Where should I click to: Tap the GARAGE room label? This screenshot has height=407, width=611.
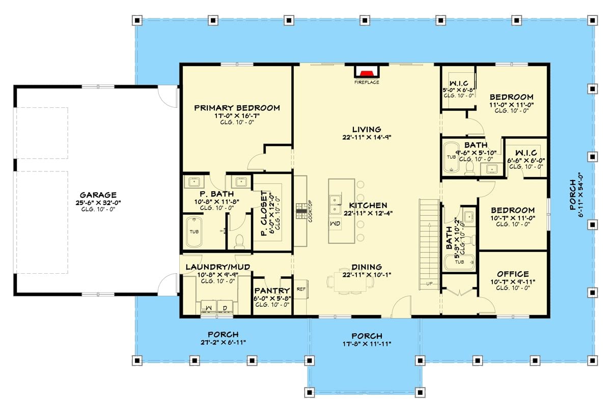[98, 195]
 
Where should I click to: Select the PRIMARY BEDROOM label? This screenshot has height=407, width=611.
[237, 108]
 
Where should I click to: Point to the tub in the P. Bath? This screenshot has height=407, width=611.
[195, 231]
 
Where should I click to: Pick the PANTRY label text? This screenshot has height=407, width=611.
[272, 290]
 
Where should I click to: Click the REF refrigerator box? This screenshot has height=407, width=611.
[301, 288]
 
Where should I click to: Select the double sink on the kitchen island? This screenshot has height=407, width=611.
[336, 204]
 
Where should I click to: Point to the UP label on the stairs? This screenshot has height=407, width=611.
[429, 283]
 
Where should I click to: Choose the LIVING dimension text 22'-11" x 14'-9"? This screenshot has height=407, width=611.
[366, 137]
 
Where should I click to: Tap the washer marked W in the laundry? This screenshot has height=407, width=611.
[209, 307]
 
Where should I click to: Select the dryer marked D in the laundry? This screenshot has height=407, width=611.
[225, 307]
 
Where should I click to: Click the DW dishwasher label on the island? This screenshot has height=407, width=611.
[335, 224]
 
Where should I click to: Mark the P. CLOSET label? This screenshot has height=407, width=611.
[264, 214]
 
